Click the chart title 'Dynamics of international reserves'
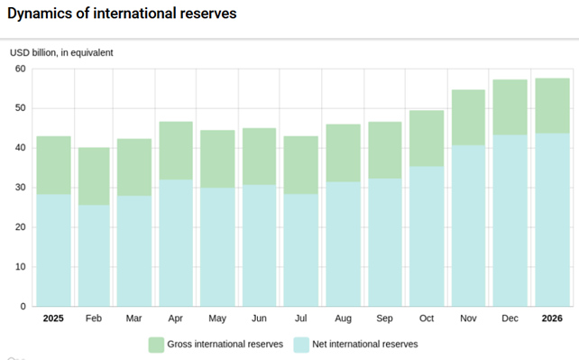click(x=122, y=14)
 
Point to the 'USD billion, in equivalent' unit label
click(x=61, y=53)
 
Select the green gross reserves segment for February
click(x=94, y=177)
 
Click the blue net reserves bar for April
click(x=176, y=243)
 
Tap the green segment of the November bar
click(x=468, y=117)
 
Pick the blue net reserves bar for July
click(x=301, y=250)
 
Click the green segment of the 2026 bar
click(x=553, y=106)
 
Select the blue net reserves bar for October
click(x=427, y=236)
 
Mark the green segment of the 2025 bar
click(x=53, y=165)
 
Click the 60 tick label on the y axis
click(x=21, y=69)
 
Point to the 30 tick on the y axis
click(x=21, y=188)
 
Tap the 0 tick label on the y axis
click(x=23, y=307)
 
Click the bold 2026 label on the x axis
click(x=552, y=318)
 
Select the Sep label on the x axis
click(x=384, y=318)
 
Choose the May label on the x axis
click(x=217, y=318)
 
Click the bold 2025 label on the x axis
click(x=53, y=318)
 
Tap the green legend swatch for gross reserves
click(x=156, y=345)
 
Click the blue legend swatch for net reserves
click(x=301, y=345)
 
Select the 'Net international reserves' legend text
click(x=365, y=344)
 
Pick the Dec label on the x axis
click(x=510, y=318)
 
